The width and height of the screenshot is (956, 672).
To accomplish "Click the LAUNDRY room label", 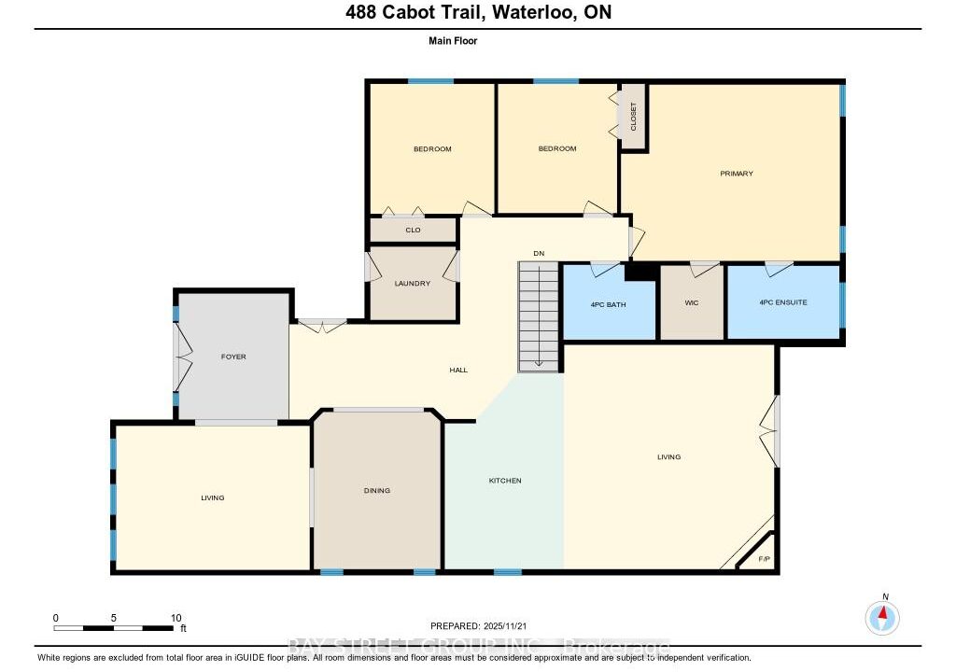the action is pyautogui.click(x=412, y=284).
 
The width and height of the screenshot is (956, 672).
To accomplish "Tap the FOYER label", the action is pyautogui.click(x=233, y=357).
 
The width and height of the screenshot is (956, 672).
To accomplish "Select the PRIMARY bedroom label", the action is pyautogui.click(x=737, y=174).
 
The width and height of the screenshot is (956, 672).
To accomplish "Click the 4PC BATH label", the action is pyautogui.click(x=609, y=305).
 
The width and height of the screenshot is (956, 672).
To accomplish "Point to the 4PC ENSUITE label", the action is pyautogui.click(x=783, y=302).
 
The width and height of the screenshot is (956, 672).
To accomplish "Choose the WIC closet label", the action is pyautogui.click(x=692, y=303).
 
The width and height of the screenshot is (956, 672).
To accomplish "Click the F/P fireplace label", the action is pyautogui.click(x=764, y=559).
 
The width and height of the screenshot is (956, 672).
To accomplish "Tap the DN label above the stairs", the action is pyautogui.click(x=539, y=254).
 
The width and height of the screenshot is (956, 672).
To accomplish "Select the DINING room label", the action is pyautogui.click(x=377, y=491).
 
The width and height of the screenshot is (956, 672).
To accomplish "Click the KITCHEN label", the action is pyautogui.click(x=505, y=481).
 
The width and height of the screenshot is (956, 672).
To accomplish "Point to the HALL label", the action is pyautogui.click(x=458, y=371).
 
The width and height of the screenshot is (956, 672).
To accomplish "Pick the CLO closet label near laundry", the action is pyautogui.click(x=413, y=231).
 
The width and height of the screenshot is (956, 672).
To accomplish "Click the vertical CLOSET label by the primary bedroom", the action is pyautogui.click(x=634, y=117).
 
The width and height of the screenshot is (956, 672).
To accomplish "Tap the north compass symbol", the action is pyautogui.click(x=882, y=618).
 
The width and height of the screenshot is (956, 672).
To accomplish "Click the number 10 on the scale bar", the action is pyautogui.click(x=176, y=619).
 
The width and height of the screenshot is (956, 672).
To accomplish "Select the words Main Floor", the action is pyautogui.click(x=453, y=41).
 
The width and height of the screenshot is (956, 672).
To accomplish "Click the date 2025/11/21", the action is pyautogui.click(x=505, y=626).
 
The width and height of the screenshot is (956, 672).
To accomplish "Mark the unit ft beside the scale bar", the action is pyautogui.click(x=183, y=629).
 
